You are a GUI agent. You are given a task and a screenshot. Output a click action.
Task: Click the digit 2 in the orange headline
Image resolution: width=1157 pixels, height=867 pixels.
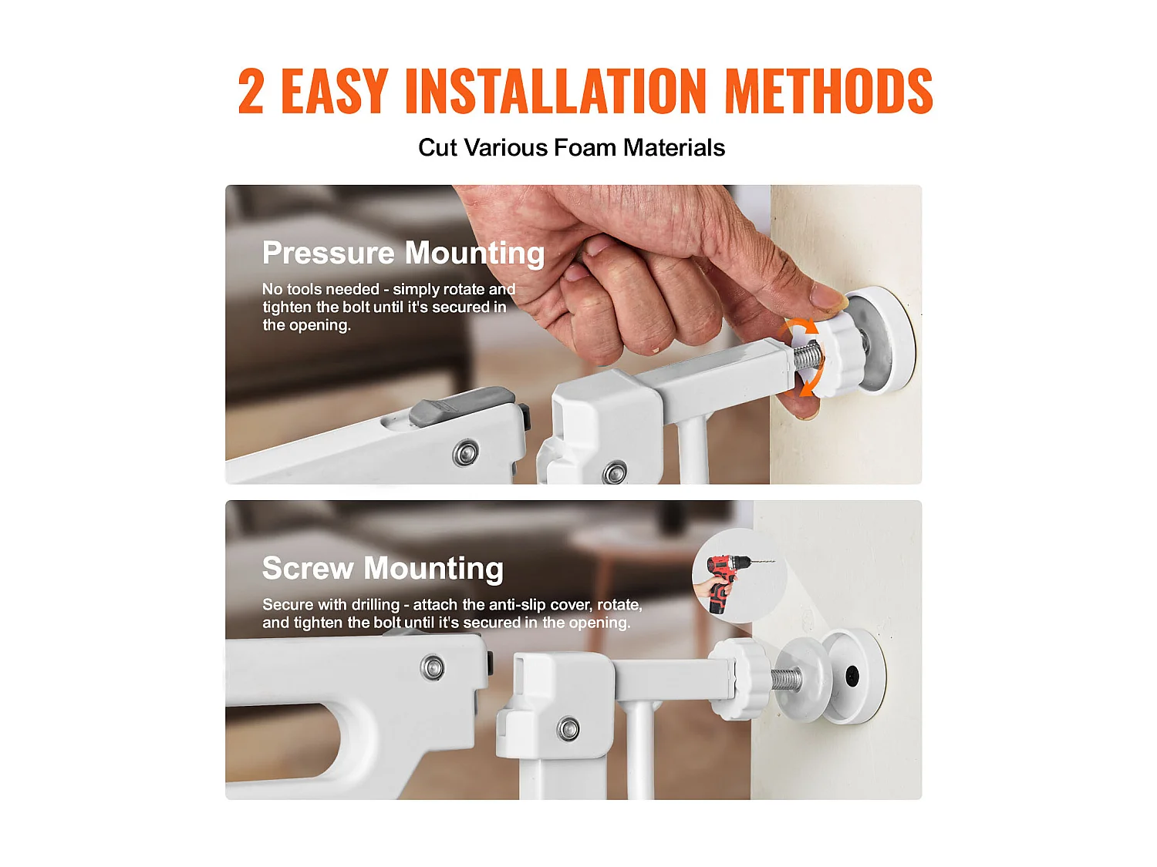click(251, 90)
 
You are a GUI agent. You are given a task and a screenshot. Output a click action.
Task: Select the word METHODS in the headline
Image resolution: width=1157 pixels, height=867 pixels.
click(828, 90)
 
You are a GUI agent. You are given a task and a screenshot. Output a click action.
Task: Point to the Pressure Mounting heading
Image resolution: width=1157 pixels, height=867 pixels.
click(403, 254)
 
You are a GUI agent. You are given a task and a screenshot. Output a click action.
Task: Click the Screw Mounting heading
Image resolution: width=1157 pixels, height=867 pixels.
click(383, 569)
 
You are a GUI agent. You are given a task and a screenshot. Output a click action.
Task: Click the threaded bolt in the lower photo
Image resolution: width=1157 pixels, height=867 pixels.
click(786, 679)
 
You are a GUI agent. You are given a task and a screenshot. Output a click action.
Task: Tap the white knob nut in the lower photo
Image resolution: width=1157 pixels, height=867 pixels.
click(734, 678)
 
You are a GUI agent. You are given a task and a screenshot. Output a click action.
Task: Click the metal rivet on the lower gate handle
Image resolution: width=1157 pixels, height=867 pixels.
click(432, 667)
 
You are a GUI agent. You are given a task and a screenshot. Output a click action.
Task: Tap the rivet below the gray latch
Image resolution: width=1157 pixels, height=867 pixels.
click(466, 453)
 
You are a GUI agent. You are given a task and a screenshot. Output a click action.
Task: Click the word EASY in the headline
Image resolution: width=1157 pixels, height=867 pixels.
click(334, 90)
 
